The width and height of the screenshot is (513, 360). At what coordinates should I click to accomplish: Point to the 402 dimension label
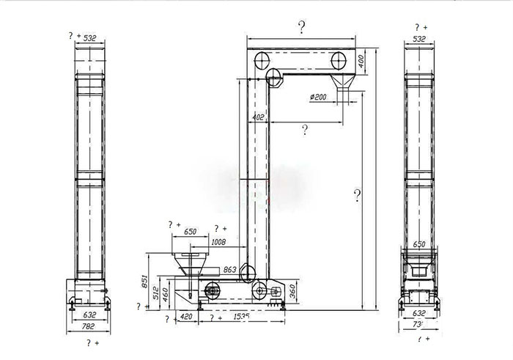pyautogui.click(x=258, y=117)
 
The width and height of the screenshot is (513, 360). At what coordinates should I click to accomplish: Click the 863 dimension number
pyautogui.click(x=229, y=271)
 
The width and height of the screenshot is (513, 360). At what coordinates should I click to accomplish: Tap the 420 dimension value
pyautogui.click(x=186, y=317)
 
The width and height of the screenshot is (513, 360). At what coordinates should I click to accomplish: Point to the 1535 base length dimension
pyautogui.click(x=241, y=317)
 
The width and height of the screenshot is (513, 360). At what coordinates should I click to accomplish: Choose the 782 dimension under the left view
pyautogui.click(x=89, y=326)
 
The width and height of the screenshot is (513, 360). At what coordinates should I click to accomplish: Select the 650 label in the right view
pyautogui.click(x=420, y=245)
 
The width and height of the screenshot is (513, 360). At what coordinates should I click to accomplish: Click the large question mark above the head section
pyautogui.click(x=302, y=28)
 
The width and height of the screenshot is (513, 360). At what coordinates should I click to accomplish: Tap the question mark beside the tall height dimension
pyautogui.click(x=357, y=196)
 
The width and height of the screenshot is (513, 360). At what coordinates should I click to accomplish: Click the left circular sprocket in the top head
pyautogui.click(x=260, y=59)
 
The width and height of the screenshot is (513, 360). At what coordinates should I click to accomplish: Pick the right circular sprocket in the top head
pyautogui.click(x=339, y=59)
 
